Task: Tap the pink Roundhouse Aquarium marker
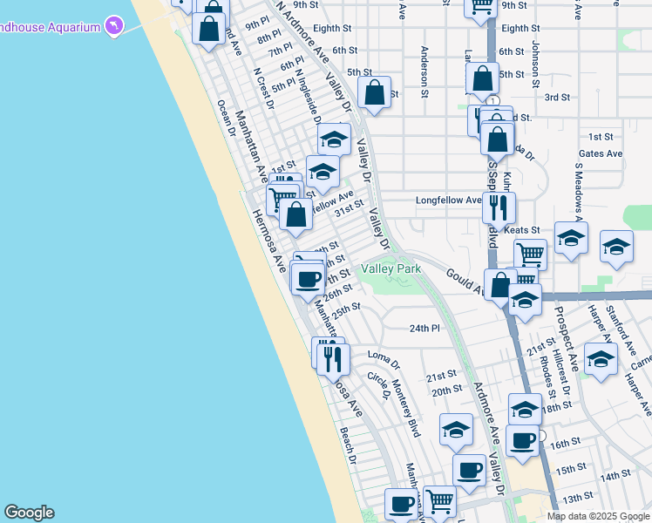(x=113, y=26)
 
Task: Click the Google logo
(x=29, y=513)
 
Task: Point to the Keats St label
(x=522, y=230)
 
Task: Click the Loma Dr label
(x=383, y=356)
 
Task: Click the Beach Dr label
(x=348, y=445)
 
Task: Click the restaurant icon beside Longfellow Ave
(x=499, y=207)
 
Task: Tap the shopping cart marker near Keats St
(x=530, y=255)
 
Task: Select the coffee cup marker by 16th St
(x=522, y=439)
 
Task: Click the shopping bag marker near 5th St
(x=374, y=92)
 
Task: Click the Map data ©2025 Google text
(x=597, y=516)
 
